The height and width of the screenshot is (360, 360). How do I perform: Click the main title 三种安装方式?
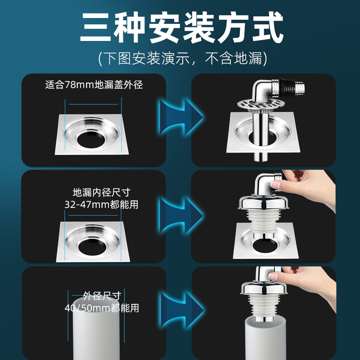(x=182, y=27)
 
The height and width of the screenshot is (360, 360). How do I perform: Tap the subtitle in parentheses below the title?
(x=183, y=58)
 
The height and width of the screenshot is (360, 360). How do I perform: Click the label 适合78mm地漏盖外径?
(x=94, y=85)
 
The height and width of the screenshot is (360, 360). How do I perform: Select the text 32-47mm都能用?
(x=101, y=204)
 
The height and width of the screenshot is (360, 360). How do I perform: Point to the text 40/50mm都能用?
(x=102, y=308)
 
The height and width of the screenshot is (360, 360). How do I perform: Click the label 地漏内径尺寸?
(x=102, y=193)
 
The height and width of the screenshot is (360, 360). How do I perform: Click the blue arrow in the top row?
(x=181, y=117)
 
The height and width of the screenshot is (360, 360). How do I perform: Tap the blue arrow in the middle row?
(x=181, y=216)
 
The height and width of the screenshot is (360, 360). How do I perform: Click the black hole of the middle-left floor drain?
(x=92, y=247)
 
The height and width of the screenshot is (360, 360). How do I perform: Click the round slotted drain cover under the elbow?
(x=261, y=105)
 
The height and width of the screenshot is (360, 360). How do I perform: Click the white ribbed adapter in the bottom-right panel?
(x=264, y=305)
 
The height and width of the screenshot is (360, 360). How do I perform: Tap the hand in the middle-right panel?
(x=308, y=186)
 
